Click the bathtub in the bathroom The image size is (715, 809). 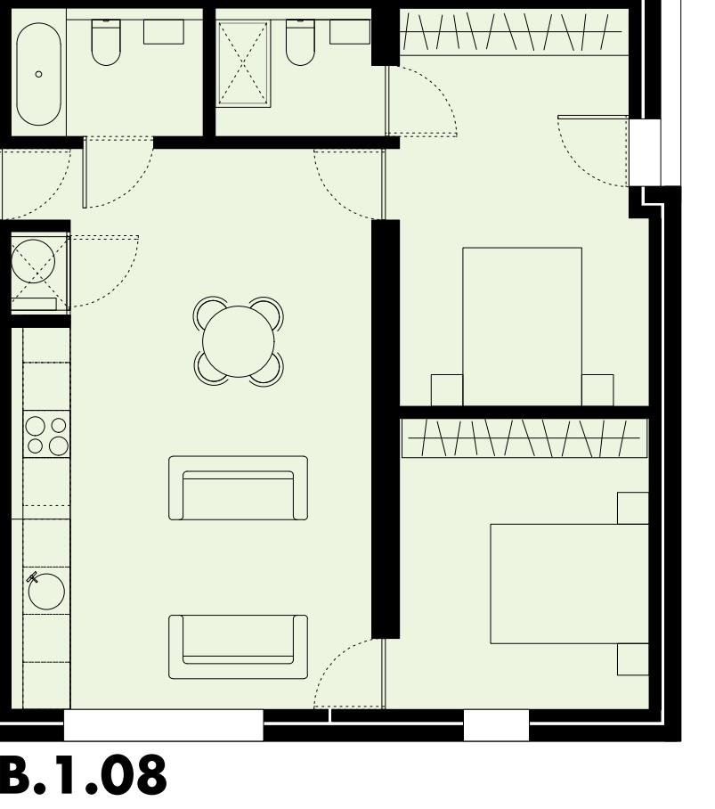pyautogui.click(x=38, y=73)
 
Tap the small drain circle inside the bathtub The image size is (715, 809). pyautogui.click(x=38, y=75)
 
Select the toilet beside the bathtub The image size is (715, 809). pyautogui.click(x=106, y=42)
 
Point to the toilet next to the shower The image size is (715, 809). pyautogui.click(x=300, y=42)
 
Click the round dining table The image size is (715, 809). pyautogui.click(x=239, y=340)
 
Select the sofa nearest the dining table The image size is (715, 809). pyautogui.click(x=238, y=488)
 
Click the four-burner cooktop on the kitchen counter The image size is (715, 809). pyautogui.click(x=47, y=435)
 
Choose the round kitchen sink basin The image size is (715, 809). pyautogui.click(x=45, y=591)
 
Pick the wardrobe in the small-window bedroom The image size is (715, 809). pyautogui.click(x=524, y=437)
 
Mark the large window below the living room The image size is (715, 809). pyautogui.click(x=164, y=725)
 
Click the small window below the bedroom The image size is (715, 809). pyautogui.click(x=496, y=725)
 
